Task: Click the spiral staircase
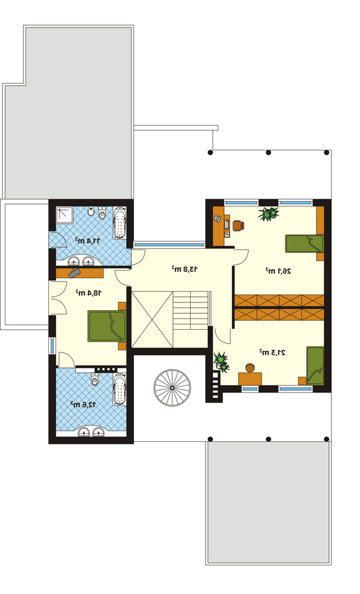(172, 388)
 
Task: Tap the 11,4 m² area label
(87, 240)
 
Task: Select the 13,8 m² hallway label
(185, 269)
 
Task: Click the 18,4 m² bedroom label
(89, 292)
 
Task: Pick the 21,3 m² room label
(272, 352)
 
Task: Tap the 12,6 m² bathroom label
(83, 404)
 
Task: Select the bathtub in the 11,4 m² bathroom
(120, 223)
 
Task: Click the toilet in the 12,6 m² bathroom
(95, 379)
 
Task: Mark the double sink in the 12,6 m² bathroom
(91, 432)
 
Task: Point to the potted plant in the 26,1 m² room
(269, 214)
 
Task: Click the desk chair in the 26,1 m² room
(238, 225)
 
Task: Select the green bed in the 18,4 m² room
(107, 326)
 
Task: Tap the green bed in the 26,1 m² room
(305, 243)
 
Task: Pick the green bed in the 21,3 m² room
(315, 366)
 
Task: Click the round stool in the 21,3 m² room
(250, 367)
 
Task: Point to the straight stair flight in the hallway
(191, 310)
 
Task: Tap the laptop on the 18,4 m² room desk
(74, 273)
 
